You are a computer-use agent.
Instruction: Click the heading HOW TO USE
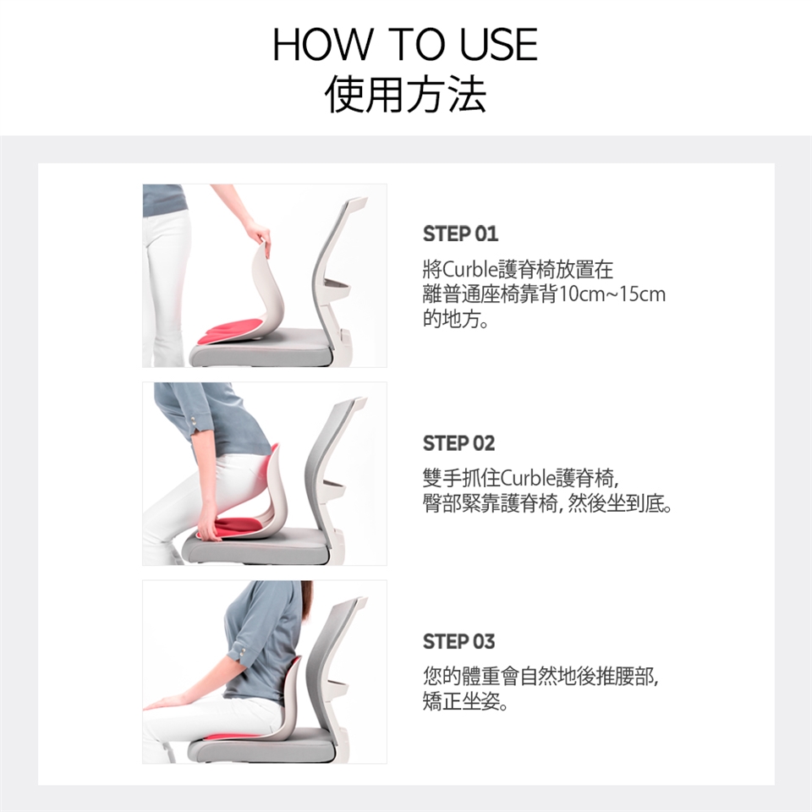point(405,45)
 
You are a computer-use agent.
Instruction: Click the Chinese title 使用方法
point(405,94)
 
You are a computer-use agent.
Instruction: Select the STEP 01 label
point(460,234)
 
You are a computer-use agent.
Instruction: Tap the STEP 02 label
point(458,443)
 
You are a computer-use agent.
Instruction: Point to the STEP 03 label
point(458,642)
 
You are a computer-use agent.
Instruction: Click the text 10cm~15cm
point(612,294)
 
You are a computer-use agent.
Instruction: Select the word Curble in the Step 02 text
point(529,477)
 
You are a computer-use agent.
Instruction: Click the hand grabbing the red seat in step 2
point(209,524)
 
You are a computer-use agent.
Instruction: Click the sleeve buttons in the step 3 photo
point(239,650)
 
